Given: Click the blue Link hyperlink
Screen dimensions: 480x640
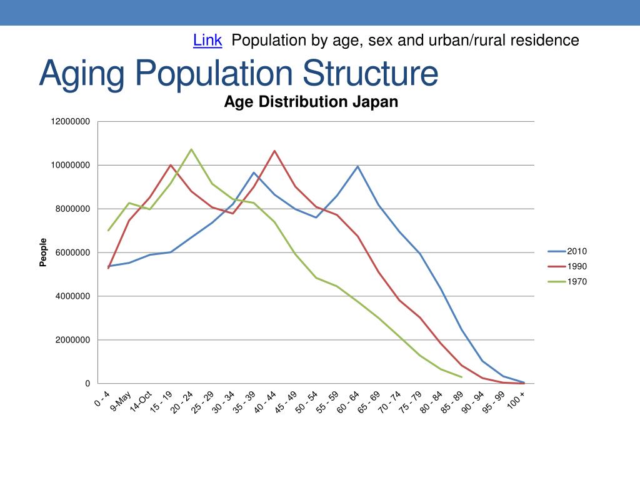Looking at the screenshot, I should [x=207, y=41].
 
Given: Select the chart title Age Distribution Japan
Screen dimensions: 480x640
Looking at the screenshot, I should [x=311, y=102].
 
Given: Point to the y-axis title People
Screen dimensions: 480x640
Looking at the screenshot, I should [x=43, y=252].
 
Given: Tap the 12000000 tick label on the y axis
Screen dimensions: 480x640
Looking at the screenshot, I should [x=71, y=121].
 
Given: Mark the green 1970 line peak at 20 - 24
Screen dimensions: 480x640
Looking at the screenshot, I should [x=191, y=149].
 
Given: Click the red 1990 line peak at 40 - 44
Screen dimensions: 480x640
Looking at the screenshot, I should [x=274, y=151].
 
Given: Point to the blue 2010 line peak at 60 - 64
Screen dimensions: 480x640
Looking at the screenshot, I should [x=357, y=166].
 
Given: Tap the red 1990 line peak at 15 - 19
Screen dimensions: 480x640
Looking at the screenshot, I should [x=171, y=165].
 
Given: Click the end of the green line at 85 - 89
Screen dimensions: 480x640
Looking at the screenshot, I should [x=461, y=377].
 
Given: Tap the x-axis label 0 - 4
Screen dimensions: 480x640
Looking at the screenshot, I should [x=102, y=398].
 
